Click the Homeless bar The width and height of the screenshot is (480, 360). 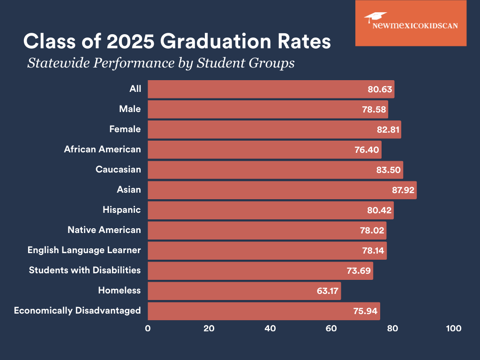click(x=244, y=291)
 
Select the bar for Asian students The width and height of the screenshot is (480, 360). click(x=281, y=190)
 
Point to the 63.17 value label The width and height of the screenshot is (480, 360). click(x=328, y=291)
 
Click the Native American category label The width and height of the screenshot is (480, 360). click(x=104, y=230)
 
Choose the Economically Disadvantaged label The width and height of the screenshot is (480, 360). click(x=77, y=310)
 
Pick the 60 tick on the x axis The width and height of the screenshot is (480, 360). click(x=331, y=329)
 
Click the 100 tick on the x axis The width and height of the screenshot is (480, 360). click(x=454, y=329)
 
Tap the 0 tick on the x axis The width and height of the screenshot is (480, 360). click(x=148, y=329)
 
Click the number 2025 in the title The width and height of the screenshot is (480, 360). click(x=131, y=41)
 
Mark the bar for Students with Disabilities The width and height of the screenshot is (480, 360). click(x=260, y=270)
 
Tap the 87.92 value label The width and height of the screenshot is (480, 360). click(x=403, y=190)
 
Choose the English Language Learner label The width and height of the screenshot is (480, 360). click(x=84, y=250)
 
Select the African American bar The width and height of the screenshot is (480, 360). click(x=264, y=150)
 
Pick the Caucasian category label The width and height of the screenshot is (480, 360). click(x=118, y=169)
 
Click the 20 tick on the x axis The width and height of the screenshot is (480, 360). click(x=209, y=329)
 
